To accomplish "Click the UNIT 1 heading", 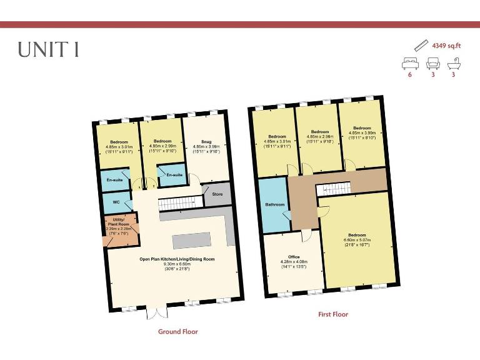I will pyautogui.click(x=49, y=51).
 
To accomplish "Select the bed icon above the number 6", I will pyautogui.click(x=410, y=62).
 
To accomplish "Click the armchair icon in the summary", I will pyautogui.click(x=432, y=62).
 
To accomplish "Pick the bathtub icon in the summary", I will pyautogui.click(x=454, y=62).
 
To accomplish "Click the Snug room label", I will pyautogui.click(x=206, y=142).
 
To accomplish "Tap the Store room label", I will pyautogui.click(x=217, y=194).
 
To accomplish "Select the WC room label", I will pyautogui.click(x=116, y=202).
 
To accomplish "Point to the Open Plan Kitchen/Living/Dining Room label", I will pyautogui.click(x=177, y=259).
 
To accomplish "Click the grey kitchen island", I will pyautogui.click(x=191, y=240).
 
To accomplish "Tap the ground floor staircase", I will pyautogui.click(x=181, y=204).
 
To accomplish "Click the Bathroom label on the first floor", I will pyautogui.click(x=274, y=204).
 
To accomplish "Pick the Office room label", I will pyautogui.click(x=294, y=256).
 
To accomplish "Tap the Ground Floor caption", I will pyautogui.click(x=177, y=332).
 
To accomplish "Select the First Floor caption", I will pyautogui.click(x=329, y=314).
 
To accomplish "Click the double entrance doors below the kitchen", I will pyautogui.click(x=156, y=312).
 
